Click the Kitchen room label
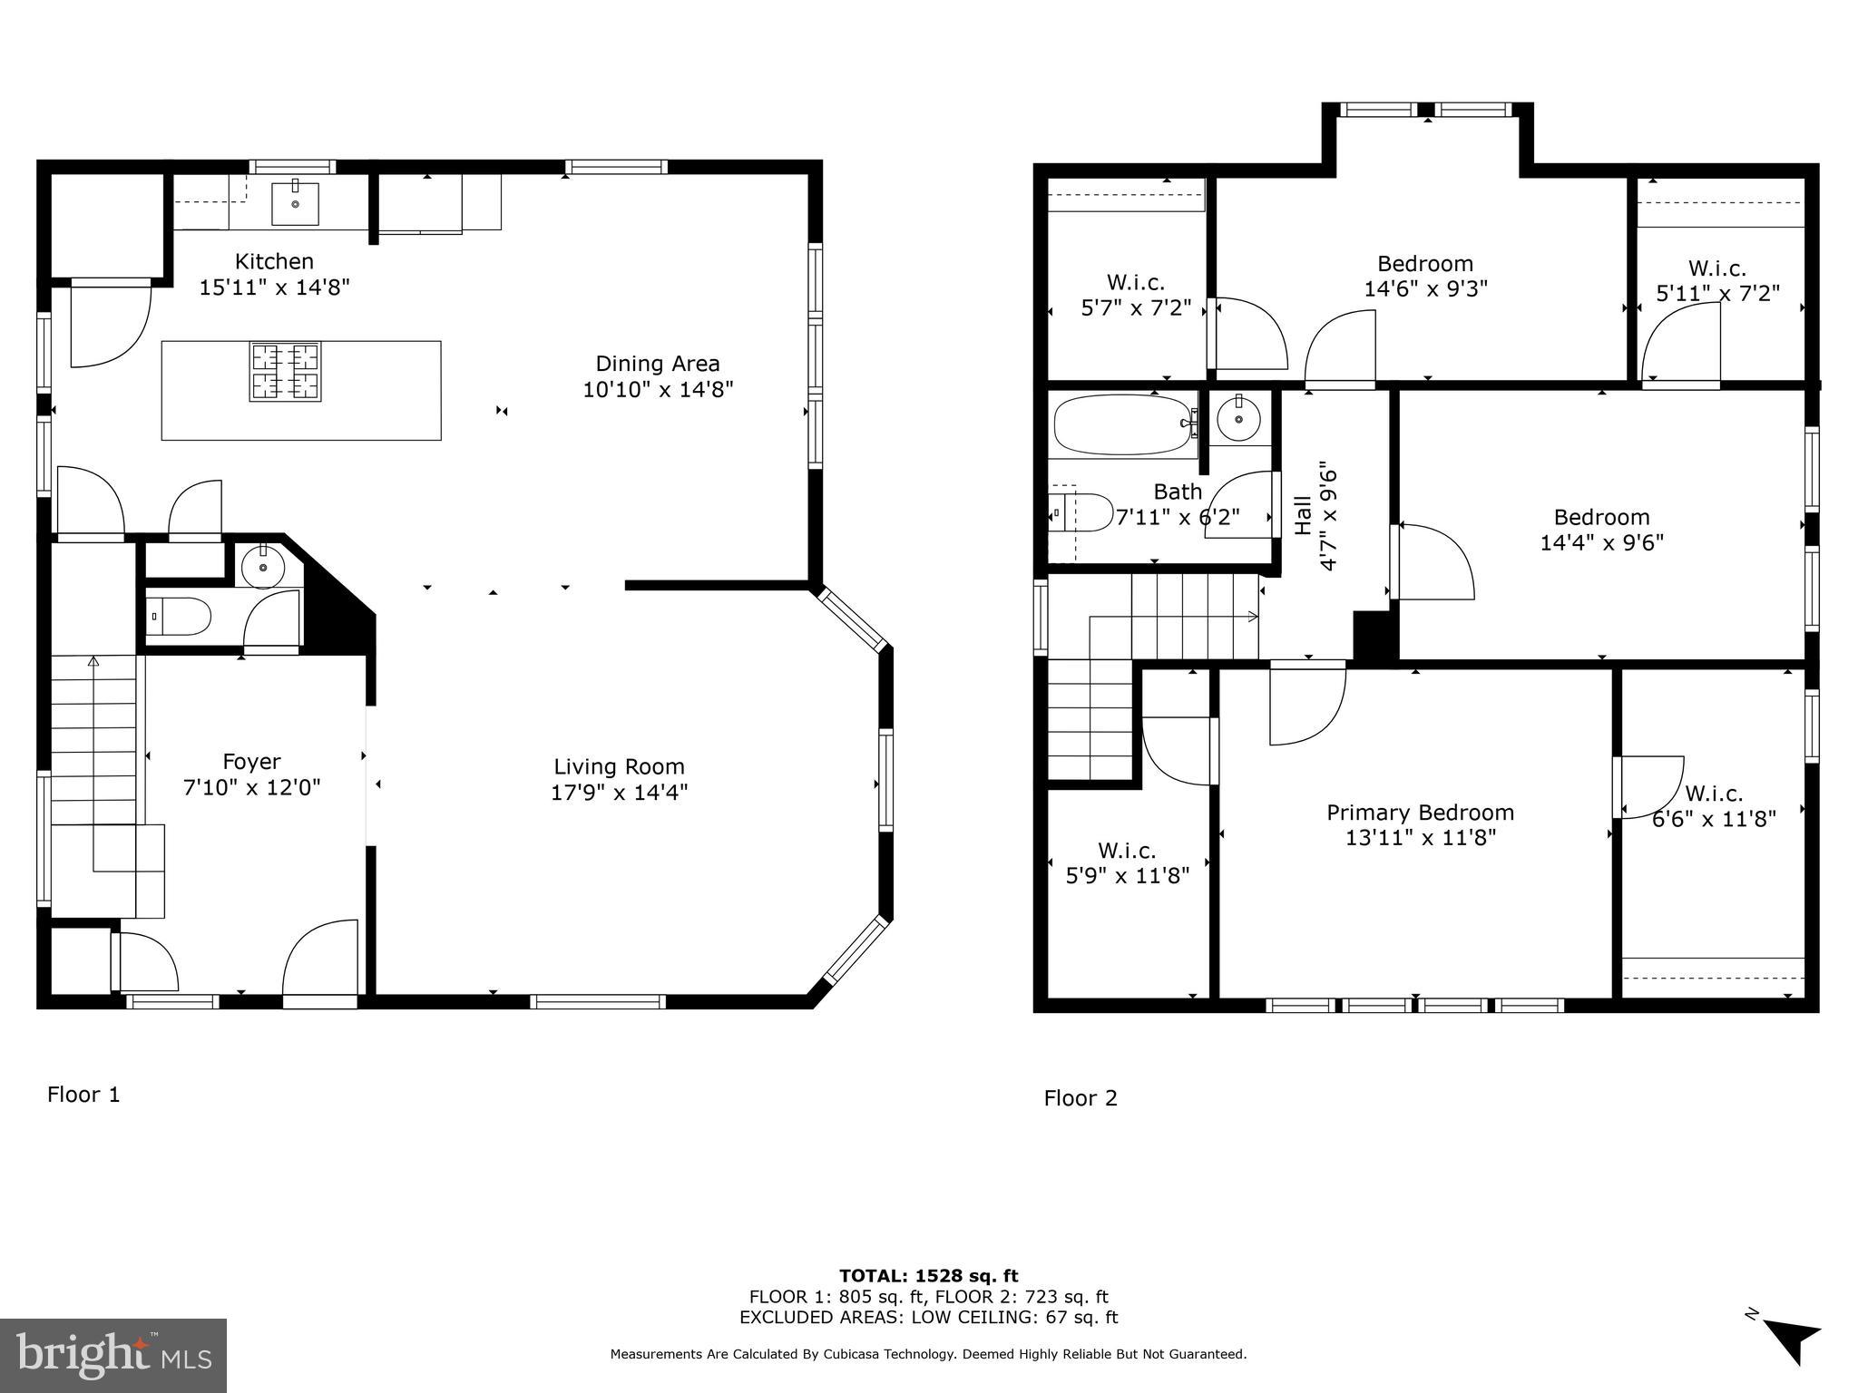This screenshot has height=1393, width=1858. point(274,261)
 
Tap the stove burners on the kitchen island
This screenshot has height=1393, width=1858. point(285,372)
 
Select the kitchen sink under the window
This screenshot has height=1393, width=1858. point(296,203)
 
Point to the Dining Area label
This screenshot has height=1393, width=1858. point(658,364)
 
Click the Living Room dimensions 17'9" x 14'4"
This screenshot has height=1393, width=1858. point(620,793)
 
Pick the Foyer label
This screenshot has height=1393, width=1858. point(251,762)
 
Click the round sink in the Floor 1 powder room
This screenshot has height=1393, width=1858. point(263,567)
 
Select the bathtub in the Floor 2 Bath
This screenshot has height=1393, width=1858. point(1125,424)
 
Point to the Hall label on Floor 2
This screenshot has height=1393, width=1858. point(1303,515)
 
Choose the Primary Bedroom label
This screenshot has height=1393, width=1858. point(1421,813)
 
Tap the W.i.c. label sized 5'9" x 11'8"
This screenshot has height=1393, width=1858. point(1127,851)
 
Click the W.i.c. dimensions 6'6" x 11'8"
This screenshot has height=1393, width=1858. point(1714,819)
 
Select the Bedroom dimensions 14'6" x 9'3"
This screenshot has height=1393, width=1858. point(1426,288)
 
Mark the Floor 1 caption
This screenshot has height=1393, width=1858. point(83,1095)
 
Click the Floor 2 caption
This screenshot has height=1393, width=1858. point(1081,1098)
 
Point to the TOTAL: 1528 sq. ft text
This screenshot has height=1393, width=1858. point(929,1276)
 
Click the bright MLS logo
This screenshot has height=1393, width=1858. point(113,1355)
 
